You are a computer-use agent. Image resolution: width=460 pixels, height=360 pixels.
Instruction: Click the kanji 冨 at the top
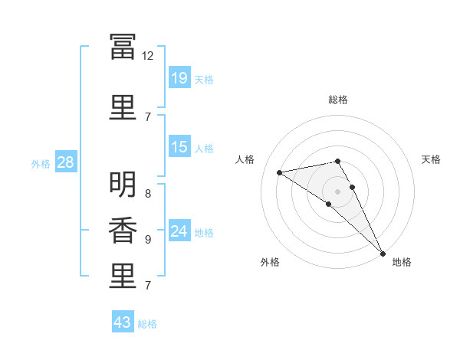123,47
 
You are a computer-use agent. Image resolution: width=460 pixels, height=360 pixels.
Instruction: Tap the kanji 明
123,185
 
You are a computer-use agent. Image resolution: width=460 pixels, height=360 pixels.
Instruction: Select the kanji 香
123,231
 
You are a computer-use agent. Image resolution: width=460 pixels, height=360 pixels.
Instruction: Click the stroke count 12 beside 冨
147,56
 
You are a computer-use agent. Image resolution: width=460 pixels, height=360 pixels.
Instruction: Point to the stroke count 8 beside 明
148,194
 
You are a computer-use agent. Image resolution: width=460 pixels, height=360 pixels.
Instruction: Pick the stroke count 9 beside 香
148,240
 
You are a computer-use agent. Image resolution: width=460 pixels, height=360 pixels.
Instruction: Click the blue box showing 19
179,77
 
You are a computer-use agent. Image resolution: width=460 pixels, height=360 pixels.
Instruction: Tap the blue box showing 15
179,146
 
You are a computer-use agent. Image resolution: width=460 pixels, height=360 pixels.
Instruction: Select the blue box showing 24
179,230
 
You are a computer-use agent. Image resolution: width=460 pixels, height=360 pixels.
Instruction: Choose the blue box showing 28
66,162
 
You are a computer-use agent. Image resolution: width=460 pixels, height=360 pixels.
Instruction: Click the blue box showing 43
123,321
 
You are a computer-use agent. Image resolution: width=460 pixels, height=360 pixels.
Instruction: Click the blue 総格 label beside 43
147,324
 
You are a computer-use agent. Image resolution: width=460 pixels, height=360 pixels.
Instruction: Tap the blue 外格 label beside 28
41,164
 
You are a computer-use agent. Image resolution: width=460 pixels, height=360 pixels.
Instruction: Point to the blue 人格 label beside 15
204,149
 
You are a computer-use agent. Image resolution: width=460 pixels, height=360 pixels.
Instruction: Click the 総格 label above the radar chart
338,100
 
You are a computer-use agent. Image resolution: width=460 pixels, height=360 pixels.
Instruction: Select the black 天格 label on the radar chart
431,159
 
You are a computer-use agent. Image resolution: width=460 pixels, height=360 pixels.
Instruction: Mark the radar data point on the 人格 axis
280,172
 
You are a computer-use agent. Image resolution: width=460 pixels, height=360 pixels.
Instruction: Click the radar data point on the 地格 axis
383,254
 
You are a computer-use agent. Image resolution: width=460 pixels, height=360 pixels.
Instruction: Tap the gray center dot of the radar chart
337,191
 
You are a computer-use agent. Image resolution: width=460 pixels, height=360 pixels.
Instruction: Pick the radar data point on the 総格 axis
337,162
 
